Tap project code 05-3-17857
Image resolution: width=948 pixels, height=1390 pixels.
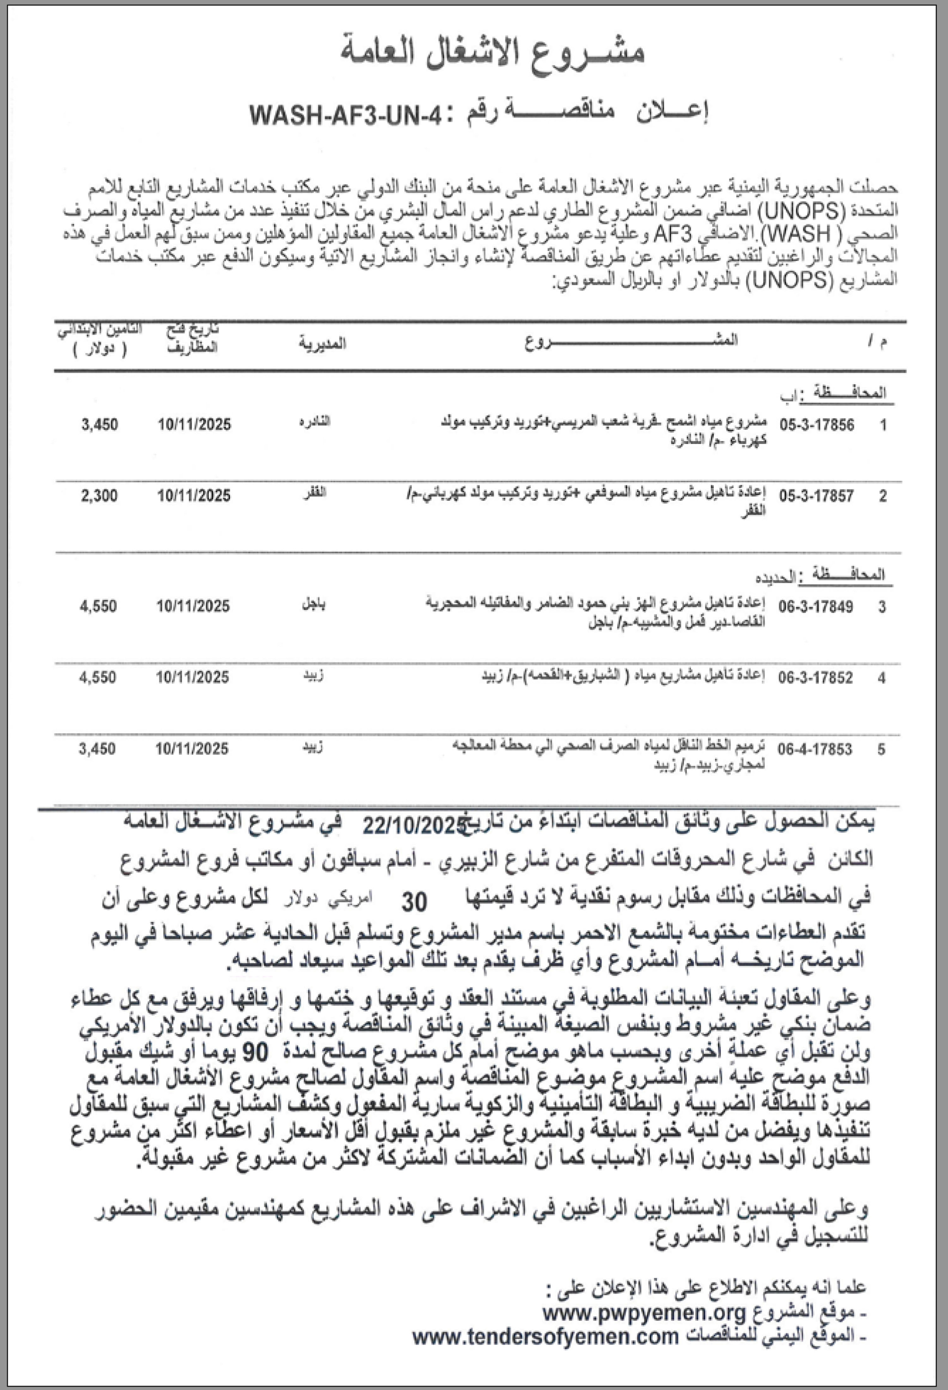pyautogui.click(x=817, y=496)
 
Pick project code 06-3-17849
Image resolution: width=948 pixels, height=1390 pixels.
pyautogui.click(x=816, y=606)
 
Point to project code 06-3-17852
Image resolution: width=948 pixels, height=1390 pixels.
pyautogui.click(x=816, y=678)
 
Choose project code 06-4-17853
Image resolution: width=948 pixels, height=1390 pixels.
pyautogui.click(x=815, y=749)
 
